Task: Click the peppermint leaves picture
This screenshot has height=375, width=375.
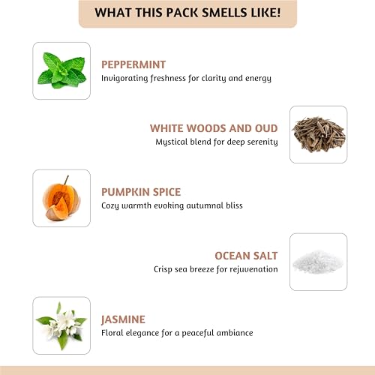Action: tap(61, 70)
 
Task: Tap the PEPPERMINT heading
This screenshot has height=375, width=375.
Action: tap(133, 65)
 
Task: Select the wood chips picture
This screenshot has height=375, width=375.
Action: tap(318, 134)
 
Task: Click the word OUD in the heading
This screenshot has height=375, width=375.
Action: tap(265, 128)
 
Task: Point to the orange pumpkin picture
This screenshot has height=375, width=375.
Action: tap(61, 198)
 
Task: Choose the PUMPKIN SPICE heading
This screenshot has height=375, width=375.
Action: tap(141, 193)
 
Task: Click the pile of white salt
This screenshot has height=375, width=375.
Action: tap(318, 261)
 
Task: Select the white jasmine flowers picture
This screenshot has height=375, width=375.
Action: tap(61, 325)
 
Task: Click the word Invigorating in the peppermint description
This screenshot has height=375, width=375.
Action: tap(125, 78)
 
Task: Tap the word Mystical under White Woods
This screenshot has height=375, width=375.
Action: tap(172, 141)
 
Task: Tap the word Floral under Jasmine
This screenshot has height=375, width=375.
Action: tap(113, 332)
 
